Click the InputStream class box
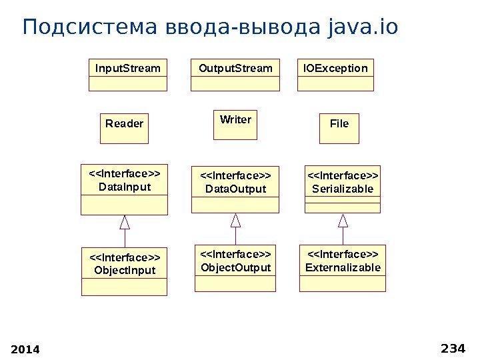coord(128,75)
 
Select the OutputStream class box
coord(235,75)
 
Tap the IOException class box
coord(335,75)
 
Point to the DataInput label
coord(125,187)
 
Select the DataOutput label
coord(235,189)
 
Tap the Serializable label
coord(343,189)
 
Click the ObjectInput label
coord(125,270)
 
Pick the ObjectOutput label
coord(235,267)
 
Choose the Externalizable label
coord(343,267)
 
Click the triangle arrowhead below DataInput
coord(125,222)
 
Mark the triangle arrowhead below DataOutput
coord(235,220)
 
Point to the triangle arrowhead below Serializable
coord(343,220)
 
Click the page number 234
coord(453,347)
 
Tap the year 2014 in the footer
coord(26,349)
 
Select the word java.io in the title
coord(363,28)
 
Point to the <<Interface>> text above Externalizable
coord(343,255)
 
